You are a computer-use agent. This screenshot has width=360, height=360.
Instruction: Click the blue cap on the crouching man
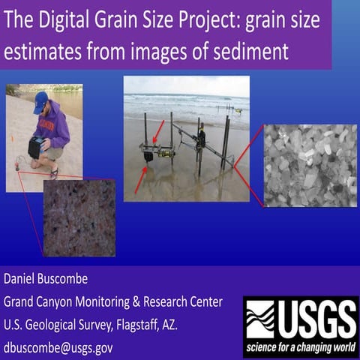click(x=40, y=99)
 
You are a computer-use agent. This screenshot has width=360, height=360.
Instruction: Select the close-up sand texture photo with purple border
click(x=79, y=217)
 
